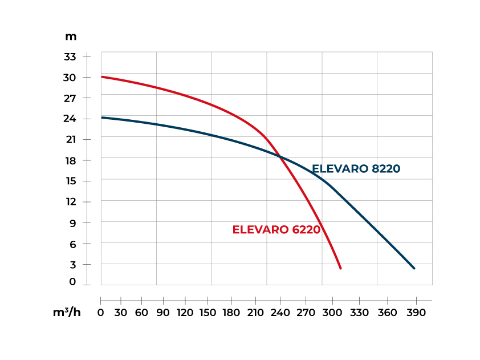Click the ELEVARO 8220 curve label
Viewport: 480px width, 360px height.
tap(356, 169)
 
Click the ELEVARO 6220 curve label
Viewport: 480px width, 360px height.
tap(276, 230)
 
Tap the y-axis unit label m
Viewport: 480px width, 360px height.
tap(71, 37)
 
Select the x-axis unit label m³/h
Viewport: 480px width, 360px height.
tap(67, 313)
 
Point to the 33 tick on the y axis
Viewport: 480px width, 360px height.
tap(70, 56)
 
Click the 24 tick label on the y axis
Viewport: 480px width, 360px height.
tap(70, 119)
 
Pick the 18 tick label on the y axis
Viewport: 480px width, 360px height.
tap(70, 160)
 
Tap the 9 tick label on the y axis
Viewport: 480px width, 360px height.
tap(72, 223)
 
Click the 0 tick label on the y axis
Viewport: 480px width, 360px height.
tap(72, 282)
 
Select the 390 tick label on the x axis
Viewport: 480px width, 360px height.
tap(416, 313)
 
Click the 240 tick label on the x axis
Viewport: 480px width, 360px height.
tap(280, 313)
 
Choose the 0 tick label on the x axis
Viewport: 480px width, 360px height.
tap(101, 313)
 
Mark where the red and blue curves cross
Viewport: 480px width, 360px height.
tap(280, 156)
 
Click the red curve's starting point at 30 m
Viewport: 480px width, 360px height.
tap(101, 76)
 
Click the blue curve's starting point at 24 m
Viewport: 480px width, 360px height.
tap(101, 118)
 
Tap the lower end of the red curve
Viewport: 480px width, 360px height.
tap(340, 268)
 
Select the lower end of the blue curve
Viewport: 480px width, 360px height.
tap(414, 268)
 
